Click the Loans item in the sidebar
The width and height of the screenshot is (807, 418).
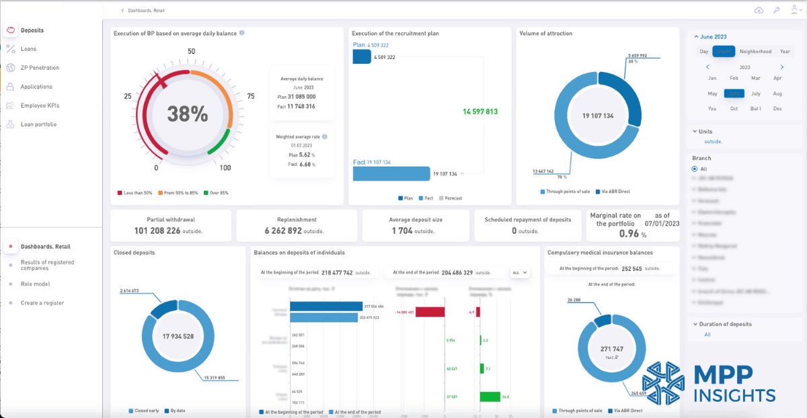click(28, 49)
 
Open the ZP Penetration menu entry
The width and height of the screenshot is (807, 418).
click(40, 68)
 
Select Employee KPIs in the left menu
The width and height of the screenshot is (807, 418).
click(40, 106)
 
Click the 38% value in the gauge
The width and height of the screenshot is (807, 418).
click(187, 114)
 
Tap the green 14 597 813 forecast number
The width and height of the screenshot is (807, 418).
click(479, 112)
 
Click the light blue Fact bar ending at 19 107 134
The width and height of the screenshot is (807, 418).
click(391, 173)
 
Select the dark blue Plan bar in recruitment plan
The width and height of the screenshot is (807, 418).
click(362, 57)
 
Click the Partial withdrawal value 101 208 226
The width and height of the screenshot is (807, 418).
click(157, 231)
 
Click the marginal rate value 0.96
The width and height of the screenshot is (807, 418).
click(628, 234)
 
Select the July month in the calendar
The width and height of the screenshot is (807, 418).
click(756, 94)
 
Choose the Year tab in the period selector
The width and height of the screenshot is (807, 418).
click(785, 52)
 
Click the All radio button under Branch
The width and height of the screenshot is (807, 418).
click(695, 169)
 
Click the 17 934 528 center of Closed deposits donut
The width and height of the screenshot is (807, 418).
click(178, 336)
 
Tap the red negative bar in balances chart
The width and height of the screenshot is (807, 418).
click(430, 312)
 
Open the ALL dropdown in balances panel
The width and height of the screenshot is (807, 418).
click(520, 273)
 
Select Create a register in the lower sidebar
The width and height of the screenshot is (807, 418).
click(42, 303)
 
